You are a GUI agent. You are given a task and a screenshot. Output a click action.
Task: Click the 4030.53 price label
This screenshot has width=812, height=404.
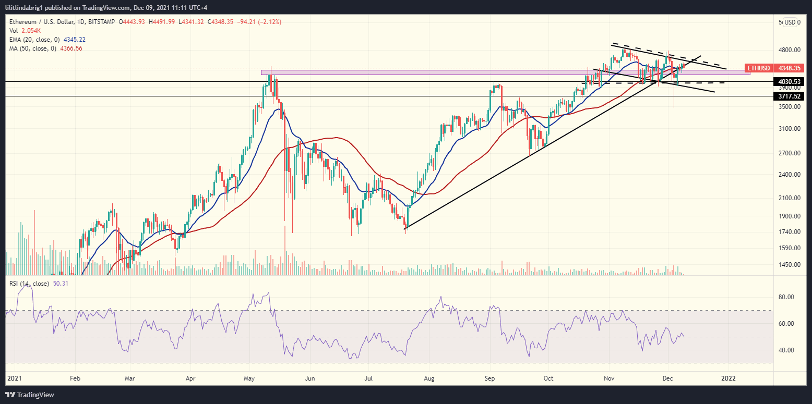(x=790, y=82)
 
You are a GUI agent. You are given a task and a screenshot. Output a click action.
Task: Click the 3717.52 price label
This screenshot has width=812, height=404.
(x=790, y=96)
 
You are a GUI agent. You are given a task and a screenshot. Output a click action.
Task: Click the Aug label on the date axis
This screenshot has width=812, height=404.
(x=429, y=377)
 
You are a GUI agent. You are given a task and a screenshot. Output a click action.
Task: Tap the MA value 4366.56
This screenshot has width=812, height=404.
(x=71, y=48)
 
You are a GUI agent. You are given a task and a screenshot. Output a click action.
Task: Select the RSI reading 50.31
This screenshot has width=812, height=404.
(x=61, y=284)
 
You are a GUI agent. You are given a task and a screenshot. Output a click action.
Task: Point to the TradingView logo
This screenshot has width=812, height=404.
(x=30, y=395)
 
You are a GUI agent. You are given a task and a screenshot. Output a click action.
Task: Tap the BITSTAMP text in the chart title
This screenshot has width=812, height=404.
(x=101, y=22)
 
